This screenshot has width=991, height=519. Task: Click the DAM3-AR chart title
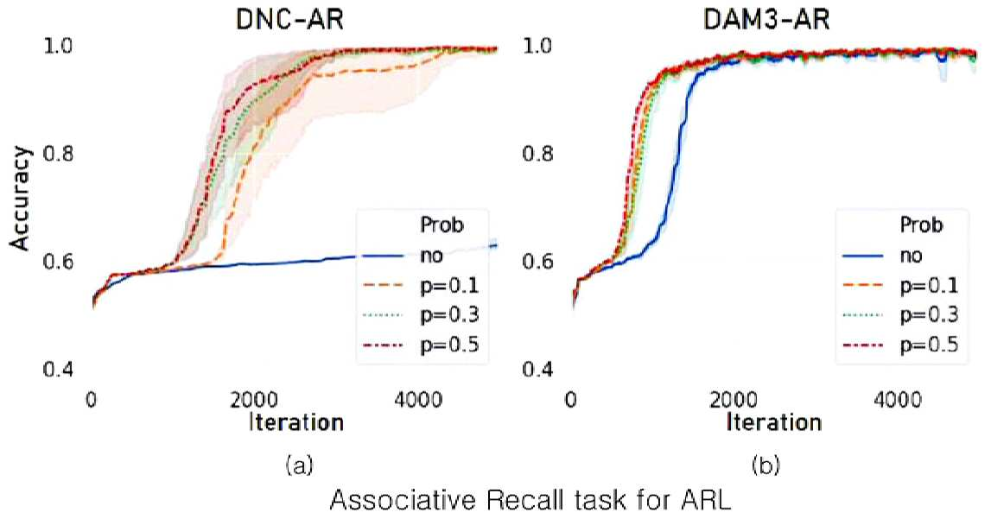(x=766, y=19)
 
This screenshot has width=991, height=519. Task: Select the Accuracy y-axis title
(x=20, y=199)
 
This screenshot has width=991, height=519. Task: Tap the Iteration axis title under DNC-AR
(x=295, y=421)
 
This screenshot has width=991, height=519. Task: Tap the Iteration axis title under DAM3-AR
(x=773, y=421)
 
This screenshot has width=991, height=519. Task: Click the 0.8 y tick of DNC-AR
(x=58, y=154)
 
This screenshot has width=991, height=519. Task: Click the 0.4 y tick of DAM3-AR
(x=537, y=369)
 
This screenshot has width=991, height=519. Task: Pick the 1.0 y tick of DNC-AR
(x=58, y=46)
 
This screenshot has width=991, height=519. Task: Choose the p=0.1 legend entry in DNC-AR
(x=422, y=285)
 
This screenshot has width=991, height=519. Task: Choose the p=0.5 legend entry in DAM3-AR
(x=900, y=345)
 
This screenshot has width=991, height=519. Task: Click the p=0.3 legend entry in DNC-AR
(x=422, y=314)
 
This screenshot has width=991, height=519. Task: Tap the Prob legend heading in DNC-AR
(x=442, y=225)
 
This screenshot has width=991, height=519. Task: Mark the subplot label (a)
(x=299, y=466)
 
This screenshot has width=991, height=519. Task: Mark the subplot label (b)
(x=766, y=466)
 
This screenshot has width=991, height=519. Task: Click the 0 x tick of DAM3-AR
(x=571, y=401)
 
